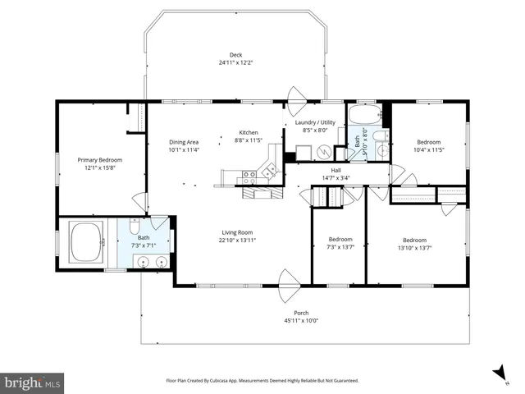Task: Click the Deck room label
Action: click(x=235, y=55)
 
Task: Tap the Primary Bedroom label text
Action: click(x=99, y=159)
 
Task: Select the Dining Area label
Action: click(x=184, y=142)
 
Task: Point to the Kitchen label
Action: click(x=249, y=133)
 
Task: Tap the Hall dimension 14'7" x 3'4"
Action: click(x=336, y=176)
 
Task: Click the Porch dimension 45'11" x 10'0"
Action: click(x=300, y=320)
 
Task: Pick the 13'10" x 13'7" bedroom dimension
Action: click(x=414, y=246)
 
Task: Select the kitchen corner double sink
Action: click(x=267, y=171)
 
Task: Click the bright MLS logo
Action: click(x=32, y=383)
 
